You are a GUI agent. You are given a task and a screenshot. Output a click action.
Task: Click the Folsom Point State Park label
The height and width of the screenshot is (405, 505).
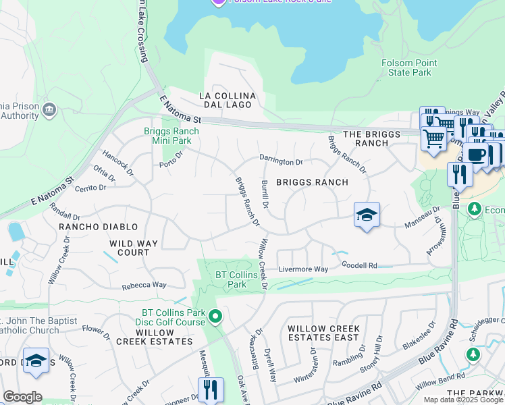(x=408, y=67)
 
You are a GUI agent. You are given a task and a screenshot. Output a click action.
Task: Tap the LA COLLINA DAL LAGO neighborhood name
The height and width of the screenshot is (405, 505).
(x=225, y=101)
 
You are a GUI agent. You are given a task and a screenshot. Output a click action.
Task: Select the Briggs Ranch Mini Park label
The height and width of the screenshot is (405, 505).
(x=171, y=136)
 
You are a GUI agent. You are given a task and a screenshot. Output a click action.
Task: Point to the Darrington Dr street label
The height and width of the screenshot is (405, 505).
(x=282, y=162)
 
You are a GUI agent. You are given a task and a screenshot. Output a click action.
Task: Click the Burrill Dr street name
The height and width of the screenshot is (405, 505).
(x=265, y=195)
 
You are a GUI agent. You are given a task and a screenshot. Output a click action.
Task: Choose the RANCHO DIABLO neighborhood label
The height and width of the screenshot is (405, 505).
(x=99, y=227)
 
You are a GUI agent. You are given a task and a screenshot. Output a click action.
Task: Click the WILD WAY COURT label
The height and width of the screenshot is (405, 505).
(x=134, y=248)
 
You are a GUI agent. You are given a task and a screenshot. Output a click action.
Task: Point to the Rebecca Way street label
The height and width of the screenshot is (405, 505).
(x=144, y=286)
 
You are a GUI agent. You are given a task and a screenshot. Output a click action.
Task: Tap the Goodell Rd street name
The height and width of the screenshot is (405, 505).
(x=358, y=265)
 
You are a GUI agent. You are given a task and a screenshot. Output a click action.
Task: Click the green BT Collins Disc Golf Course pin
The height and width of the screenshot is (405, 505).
(x=215, y=315)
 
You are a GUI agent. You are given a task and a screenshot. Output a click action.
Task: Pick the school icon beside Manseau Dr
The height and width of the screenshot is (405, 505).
(x=367, y=215)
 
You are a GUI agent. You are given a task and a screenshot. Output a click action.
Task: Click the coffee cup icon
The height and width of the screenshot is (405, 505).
(x=475, y=155)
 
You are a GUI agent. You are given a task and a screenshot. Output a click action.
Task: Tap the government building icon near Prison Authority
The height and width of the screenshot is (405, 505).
(x=49, y=110)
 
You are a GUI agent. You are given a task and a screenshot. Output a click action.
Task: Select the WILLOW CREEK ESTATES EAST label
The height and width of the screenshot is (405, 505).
(x=323, y=333)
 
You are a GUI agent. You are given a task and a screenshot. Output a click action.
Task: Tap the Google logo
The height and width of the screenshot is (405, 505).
(x=22, y=396)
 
